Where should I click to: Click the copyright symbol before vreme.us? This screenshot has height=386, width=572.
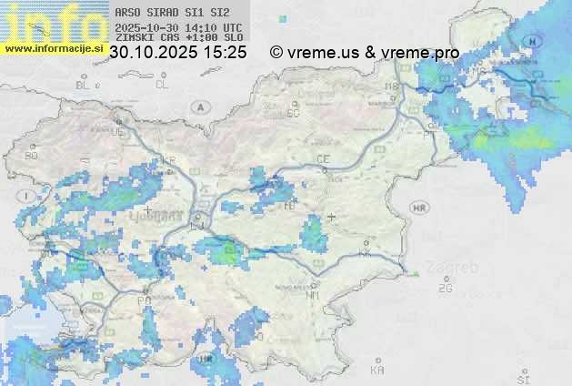coord(276,53)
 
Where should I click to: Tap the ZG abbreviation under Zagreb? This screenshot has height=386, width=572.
coord(445,289)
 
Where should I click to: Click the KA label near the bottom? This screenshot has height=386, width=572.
coord(377,370)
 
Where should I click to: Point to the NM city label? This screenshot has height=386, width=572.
coord(314,295)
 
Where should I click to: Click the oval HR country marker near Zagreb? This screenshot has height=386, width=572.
coord(420,208)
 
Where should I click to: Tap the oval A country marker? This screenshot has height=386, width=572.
coord(198,107)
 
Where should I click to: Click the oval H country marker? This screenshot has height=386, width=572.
coord(533,43)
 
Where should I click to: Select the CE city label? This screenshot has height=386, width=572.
coord(322,159)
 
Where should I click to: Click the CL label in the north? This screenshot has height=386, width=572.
coord(162,85)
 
